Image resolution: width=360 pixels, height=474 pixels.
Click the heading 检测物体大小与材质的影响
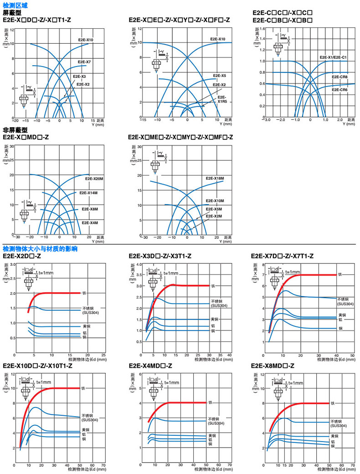40,249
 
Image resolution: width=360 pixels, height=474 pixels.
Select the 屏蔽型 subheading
12,13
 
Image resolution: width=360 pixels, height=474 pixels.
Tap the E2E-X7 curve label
84,62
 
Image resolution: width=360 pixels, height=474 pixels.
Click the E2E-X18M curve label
215,178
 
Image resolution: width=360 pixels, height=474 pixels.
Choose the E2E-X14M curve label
89,193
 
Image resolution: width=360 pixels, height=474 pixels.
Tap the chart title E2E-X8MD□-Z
273,366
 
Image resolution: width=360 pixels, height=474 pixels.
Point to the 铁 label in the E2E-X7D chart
340,275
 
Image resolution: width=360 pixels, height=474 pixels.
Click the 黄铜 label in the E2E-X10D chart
85,430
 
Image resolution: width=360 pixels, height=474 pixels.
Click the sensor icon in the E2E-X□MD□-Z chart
24,214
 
